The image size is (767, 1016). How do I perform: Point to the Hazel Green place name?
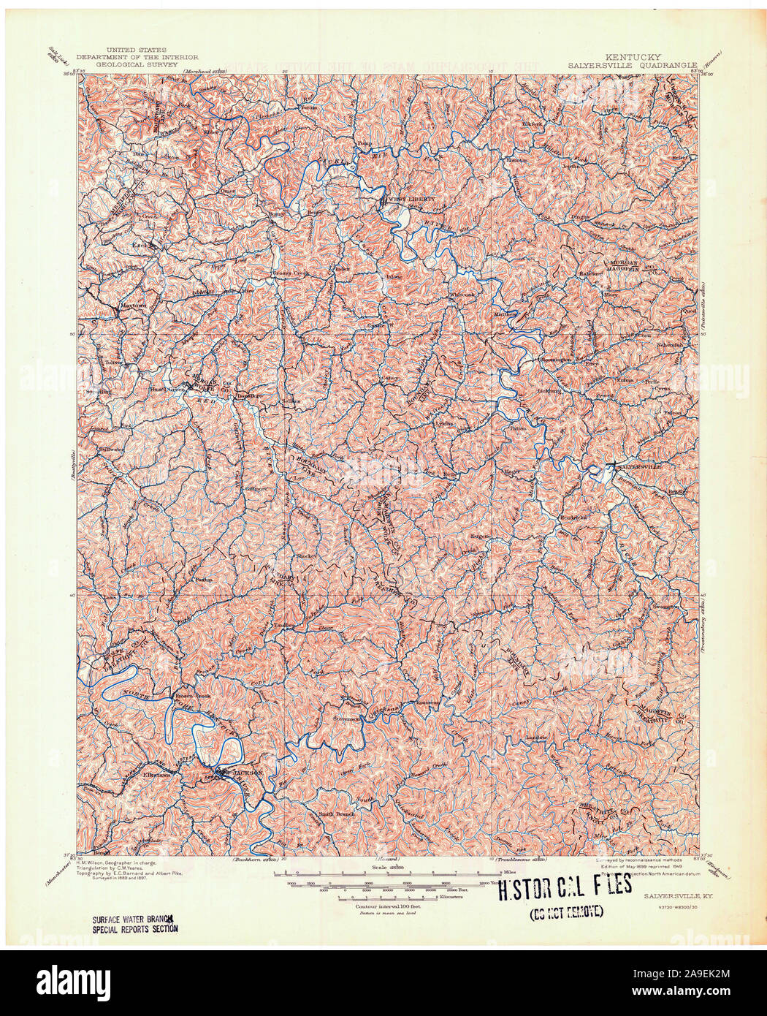tap(165, 390)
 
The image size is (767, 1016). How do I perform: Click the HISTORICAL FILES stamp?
tap(565, 887)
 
